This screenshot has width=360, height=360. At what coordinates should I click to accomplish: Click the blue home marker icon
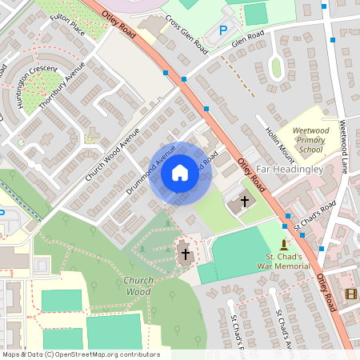click(x=180, y=173)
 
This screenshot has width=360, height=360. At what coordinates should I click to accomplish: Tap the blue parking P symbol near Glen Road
click(x=223, y=30)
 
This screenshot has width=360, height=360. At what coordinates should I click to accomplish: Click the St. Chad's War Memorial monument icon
click(x=283, y=244)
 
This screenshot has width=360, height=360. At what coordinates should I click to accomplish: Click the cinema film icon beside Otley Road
click(x=350, y=294)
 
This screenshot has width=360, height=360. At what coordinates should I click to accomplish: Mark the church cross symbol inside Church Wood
click(x=186, y=254)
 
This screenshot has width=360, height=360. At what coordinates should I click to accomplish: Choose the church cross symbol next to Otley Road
click(x=244, y=202)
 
